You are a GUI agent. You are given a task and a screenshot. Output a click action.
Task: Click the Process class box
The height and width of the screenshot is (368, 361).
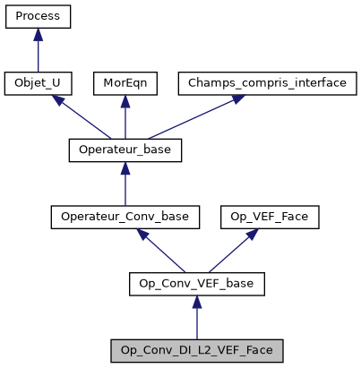point(38,16)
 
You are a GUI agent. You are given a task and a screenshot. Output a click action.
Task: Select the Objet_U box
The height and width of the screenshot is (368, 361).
point(38,83)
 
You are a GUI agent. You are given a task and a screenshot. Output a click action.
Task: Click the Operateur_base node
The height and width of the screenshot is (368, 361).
point(125,150)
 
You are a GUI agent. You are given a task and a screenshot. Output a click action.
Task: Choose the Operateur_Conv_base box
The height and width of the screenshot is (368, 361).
point(125,217)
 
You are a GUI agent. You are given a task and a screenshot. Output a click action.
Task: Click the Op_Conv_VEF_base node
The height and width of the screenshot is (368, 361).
point(196,284)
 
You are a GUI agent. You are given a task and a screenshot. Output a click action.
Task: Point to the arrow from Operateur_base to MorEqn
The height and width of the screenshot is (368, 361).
point(125,118)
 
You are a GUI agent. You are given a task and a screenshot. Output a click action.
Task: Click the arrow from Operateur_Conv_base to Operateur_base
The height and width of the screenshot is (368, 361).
point(125,185)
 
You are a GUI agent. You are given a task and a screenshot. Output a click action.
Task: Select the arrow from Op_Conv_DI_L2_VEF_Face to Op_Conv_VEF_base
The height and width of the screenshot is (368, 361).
point(196,318)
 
